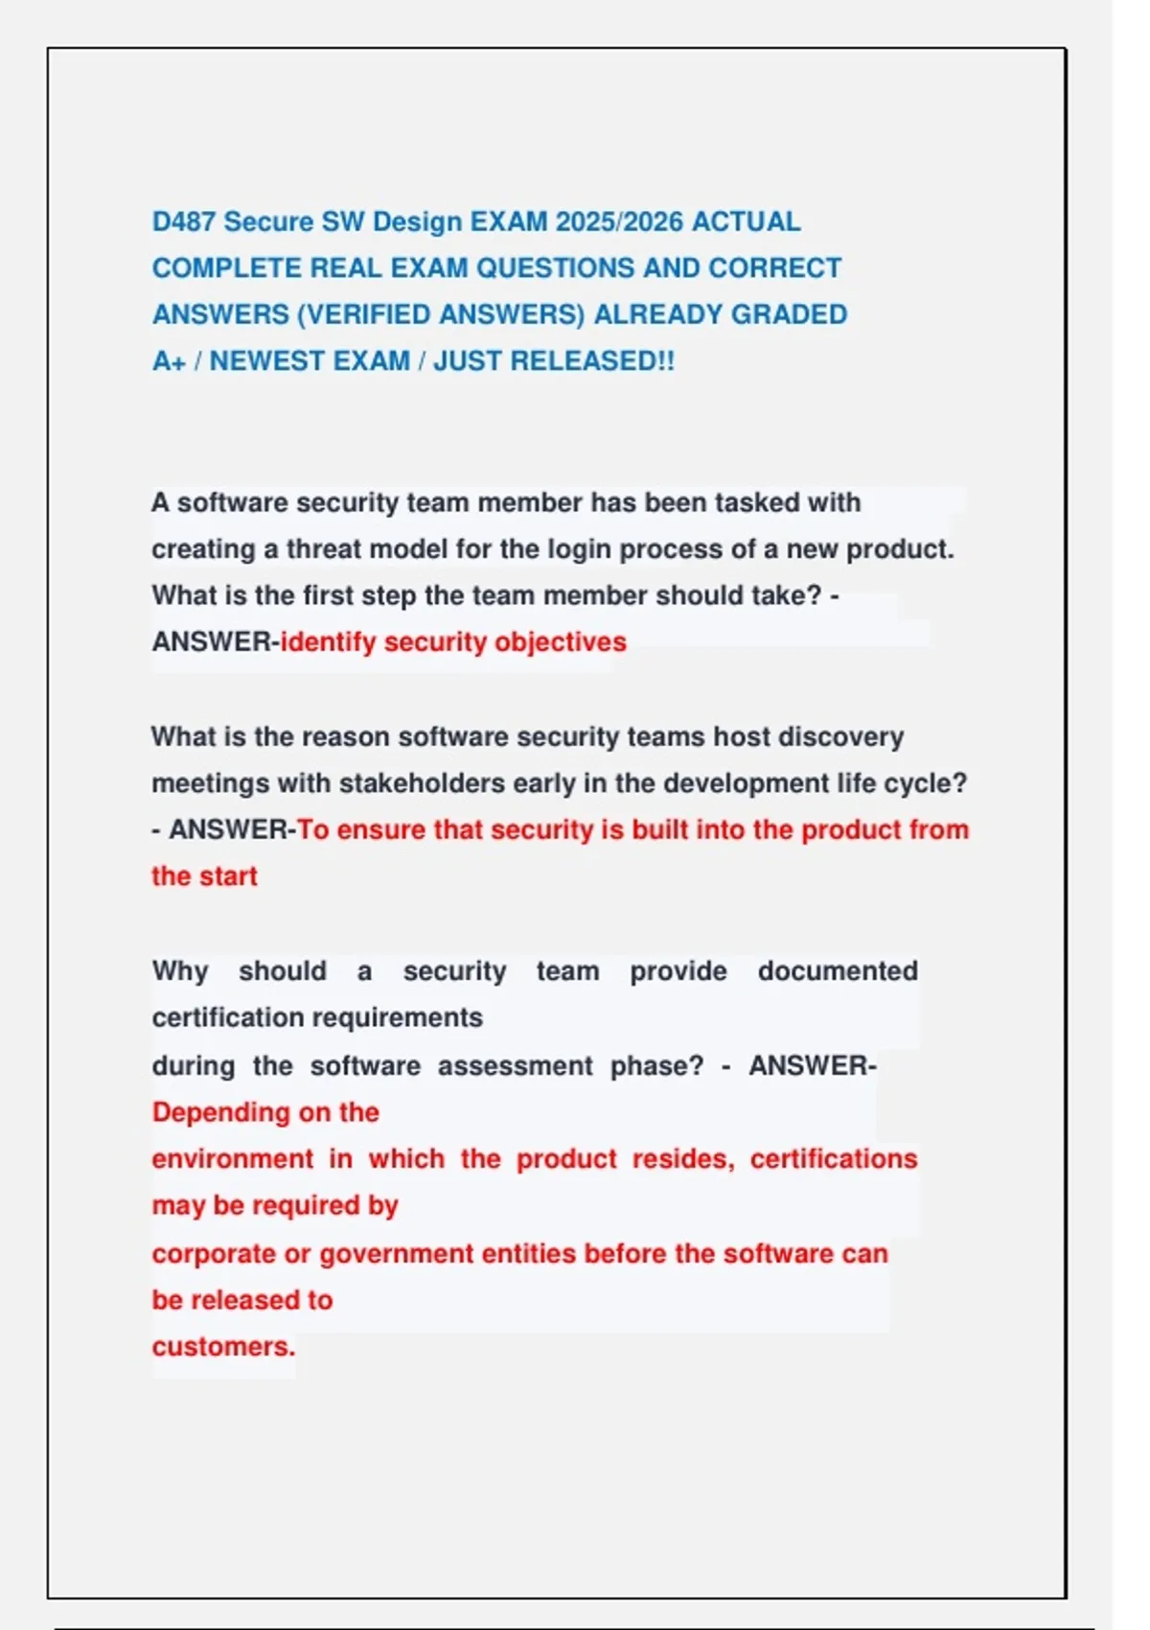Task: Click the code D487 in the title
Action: click(x=184, y=221)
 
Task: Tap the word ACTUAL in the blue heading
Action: click(x=746, y=221)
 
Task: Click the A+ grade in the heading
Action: click(x=169, y=361)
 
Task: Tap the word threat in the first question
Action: click(x=324, y=549)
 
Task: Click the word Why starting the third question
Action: click(x=179, y=971)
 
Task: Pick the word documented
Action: click(x=838, y=971)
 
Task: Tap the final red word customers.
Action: click(x=223, y=1347)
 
